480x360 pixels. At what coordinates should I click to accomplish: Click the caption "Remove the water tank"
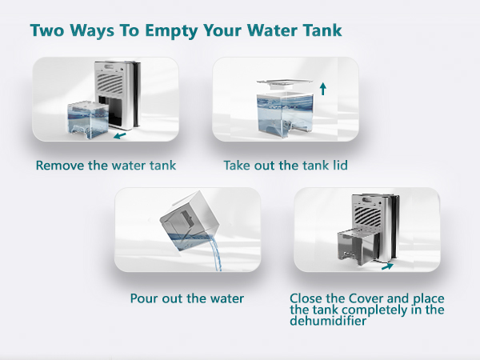pyautogui.click(x=106, y=166)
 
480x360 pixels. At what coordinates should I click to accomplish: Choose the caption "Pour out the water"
pyautogui.click(x=186, y=298)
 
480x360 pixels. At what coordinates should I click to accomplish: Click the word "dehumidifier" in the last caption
pyautogui.click(x=328, y=321)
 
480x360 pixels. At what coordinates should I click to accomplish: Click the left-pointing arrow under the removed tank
pyautogui.click(x=121, y=137)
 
